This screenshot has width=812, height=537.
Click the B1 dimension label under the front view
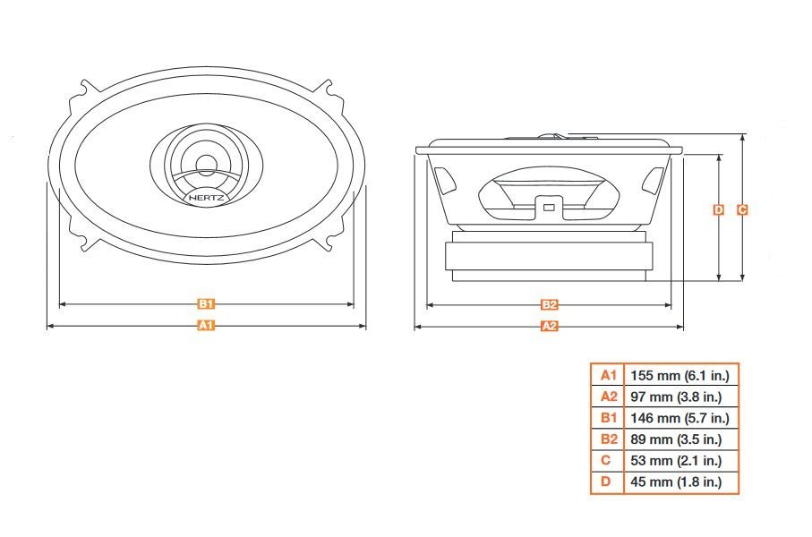[206, 304]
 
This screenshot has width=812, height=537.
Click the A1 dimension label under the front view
[206, 326]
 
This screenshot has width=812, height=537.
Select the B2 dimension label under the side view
[550, 304]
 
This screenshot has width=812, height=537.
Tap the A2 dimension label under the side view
[550, 327]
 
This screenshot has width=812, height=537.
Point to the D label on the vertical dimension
[718, 210]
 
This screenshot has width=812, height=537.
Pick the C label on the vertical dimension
[742, 210]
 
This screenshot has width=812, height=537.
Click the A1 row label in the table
[608, 375]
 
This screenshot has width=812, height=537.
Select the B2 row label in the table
[608, 439]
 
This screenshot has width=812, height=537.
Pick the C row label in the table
[608, 461]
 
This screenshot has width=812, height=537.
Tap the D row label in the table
[608, 482]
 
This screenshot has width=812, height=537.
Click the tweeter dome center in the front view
[206, 163]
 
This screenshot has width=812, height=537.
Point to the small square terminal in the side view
[548, 209]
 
